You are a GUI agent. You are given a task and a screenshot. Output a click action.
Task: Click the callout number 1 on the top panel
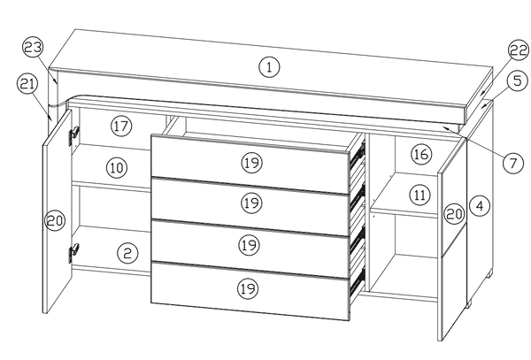pos(269,65)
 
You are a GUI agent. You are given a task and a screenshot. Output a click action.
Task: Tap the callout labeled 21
pos(27,84)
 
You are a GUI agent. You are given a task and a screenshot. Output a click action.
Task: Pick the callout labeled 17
pos(121,126)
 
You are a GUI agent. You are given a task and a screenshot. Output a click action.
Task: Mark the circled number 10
pos(117,165)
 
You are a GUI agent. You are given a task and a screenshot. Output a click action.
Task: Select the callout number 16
pos(420,155)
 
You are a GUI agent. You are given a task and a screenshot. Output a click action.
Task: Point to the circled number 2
pos(128,254)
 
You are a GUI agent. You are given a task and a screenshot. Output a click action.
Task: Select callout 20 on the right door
pos(453,214)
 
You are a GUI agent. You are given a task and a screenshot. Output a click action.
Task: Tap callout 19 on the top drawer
pos(250,162)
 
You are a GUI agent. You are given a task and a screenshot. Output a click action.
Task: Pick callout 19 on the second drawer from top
pos(250,203)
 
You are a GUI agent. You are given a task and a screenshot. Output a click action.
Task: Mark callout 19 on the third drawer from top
pos(250,243)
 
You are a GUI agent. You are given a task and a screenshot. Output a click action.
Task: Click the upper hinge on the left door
pos(73,133)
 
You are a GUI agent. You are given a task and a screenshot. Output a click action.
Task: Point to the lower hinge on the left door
pos(72,254)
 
